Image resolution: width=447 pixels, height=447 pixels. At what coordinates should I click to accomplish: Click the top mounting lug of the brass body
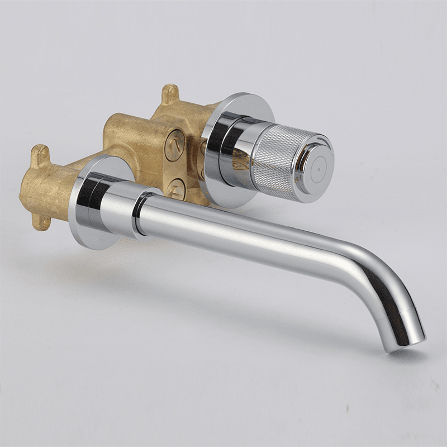pyautogui.click(x=170, y=92)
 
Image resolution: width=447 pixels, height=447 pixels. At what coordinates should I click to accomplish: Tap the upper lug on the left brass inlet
pyautogui.click(x=40, y=153)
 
